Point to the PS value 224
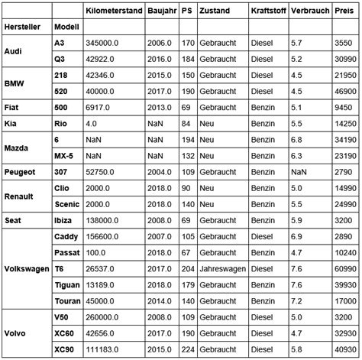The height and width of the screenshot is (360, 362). (186, 349)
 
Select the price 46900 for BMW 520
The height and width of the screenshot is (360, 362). (344, 91)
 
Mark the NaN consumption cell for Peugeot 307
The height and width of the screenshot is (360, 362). (299, 172)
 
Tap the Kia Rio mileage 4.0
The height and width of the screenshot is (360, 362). (92, 123)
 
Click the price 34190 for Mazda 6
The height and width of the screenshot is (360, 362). (344, 140)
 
